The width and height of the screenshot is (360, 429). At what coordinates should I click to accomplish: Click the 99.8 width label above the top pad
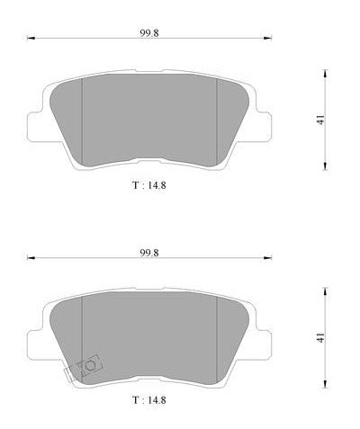coord(149,33)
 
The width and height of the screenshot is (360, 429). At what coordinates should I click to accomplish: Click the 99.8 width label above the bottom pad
coord(149,253)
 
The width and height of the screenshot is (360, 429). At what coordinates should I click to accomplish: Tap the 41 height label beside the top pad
coord(321,120)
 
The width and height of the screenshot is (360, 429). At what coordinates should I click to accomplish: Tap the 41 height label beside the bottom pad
coord(321,338)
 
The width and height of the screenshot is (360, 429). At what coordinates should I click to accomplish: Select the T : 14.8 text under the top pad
coord(149,185)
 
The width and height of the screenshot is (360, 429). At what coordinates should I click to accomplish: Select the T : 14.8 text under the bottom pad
coord(149,399)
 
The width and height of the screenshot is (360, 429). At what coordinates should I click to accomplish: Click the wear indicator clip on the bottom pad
coord(85,368)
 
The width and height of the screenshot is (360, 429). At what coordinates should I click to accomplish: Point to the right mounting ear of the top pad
coord(264,127)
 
